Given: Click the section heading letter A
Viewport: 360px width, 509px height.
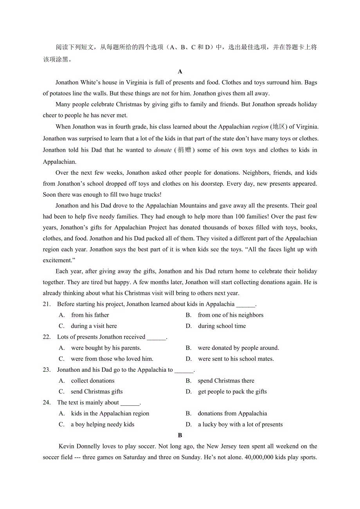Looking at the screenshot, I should (x=180, y=72).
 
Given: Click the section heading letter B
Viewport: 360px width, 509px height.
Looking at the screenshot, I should (x=180, y=435).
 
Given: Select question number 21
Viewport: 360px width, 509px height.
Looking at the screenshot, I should (x=47, y=304).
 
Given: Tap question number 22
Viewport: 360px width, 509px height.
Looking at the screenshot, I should (x=47, y=337).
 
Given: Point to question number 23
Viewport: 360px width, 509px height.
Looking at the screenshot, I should (x=47, y=370).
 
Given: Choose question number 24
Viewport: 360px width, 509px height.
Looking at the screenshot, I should (x=47, y=403).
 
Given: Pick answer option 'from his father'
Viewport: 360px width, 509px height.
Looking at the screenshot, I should (x=90, y=315).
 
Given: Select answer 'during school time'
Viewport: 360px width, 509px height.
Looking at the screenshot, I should (x=222, y=326).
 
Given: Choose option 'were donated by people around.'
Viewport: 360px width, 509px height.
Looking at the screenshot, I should (x=238, y=348).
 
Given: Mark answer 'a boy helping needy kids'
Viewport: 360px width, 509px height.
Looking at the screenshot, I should (x=103, y=425).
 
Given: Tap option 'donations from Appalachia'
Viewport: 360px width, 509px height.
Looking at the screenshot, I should (x=232, y=414).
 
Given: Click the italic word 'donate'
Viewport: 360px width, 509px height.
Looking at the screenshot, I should (x=163, y=150).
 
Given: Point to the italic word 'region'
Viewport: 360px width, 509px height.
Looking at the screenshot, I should (x=260, y=127).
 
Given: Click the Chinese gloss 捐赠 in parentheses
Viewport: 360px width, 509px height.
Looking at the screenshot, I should (x=185, y=150).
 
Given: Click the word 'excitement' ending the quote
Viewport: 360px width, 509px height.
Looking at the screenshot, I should (x=57, y=260).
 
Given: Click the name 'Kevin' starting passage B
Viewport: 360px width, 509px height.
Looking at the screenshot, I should (x=66, y=446).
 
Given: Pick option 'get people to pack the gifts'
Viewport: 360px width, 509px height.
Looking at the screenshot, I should (x=232, y=392).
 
